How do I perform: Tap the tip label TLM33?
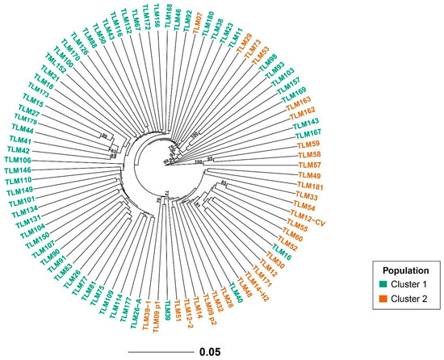point(307,196)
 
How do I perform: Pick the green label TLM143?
point(308,122)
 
